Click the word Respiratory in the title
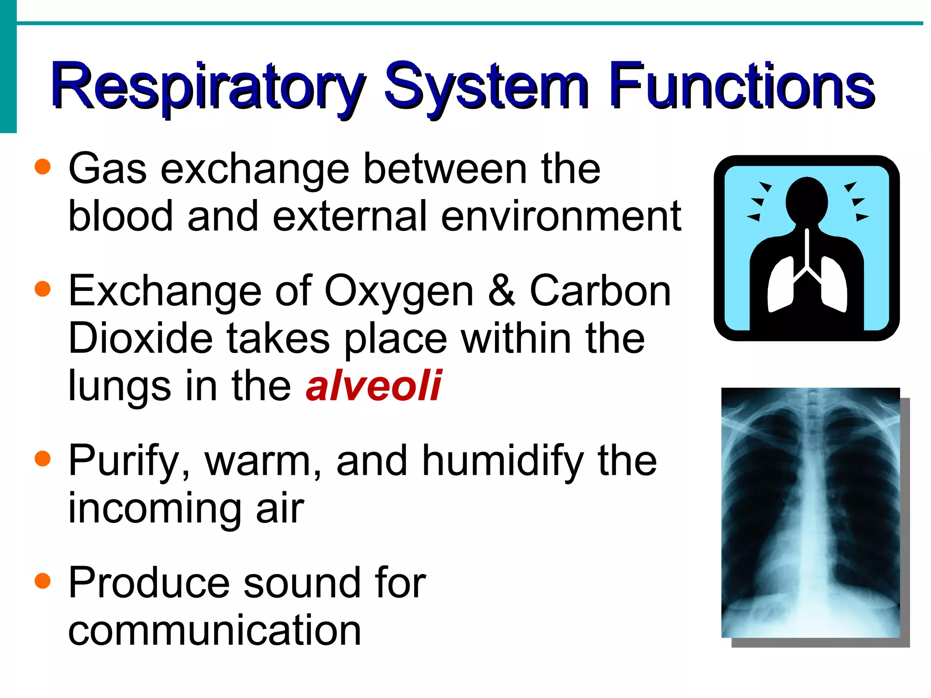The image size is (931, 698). coord(207,86)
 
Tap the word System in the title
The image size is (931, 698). coord(486,86)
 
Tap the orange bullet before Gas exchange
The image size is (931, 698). coord(42,167)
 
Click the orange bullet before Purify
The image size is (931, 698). coord(42,459)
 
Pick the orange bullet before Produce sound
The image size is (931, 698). coord(42,581)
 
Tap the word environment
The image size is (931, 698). coord(561,216)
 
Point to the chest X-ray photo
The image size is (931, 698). coord(811,513)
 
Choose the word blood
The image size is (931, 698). coord(120,216)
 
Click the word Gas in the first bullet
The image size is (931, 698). coord(107,169)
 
